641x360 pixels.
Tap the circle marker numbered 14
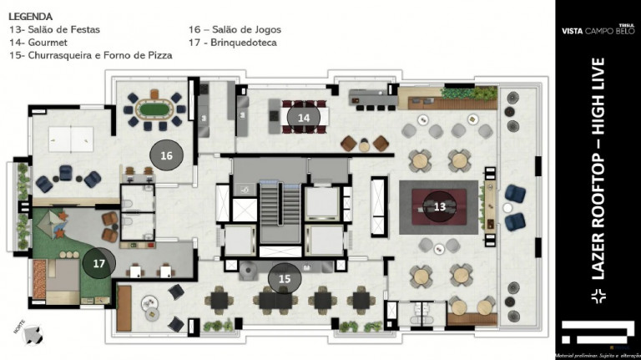point(303,118)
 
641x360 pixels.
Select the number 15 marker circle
point(285,277)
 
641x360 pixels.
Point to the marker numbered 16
point(166,155)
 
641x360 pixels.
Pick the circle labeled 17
point(98,263)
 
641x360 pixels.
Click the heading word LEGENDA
point(31,16)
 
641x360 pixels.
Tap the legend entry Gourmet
point(38,42)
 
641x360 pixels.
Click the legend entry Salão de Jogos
point(240,29)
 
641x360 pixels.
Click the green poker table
point(153,107)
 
